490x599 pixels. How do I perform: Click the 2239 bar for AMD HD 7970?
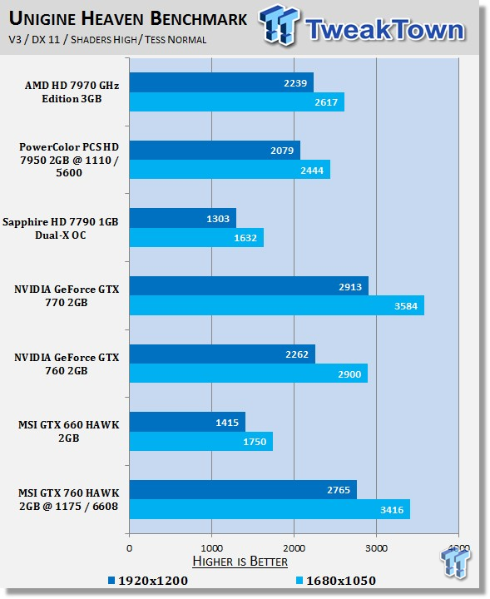(x=221, y=82)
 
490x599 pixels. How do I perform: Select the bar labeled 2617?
(x=237, y=102)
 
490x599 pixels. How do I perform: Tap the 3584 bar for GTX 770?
(x=277, y=305)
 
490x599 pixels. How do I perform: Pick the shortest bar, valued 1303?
(x=183, y=218)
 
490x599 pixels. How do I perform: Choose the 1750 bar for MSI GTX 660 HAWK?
(x=201, y=441)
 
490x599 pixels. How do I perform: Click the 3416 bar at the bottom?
(x=270, y=509)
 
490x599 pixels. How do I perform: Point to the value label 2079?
(x=282, y=151)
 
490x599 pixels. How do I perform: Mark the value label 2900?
(x=349, y=374)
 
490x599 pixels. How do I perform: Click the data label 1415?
(x=227, y=423)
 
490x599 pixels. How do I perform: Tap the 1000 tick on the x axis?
(x=211, y=548)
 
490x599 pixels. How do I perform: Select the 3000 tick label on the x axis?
(x=376, y=548)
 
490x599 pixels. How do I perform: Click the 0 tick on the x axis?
(x=130, y=548)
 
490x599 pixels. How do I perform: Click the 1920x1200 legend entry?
(x=148, y=581)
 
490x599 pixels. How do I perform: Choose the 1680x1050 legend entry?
(x=336, y=581)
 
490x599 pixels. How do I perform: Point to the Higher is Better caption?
(x=240, y=562)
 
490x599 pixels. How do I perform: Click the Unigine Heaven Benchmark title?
(x=128, y=18)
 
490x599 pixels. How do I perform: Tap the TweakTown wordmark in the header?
(x=385, y=29)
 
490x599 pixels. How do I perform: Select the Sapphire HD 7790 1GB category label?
(x=61, y=229)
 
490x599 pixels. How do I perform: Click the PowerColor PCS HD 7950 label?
(x=69, y=160)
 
